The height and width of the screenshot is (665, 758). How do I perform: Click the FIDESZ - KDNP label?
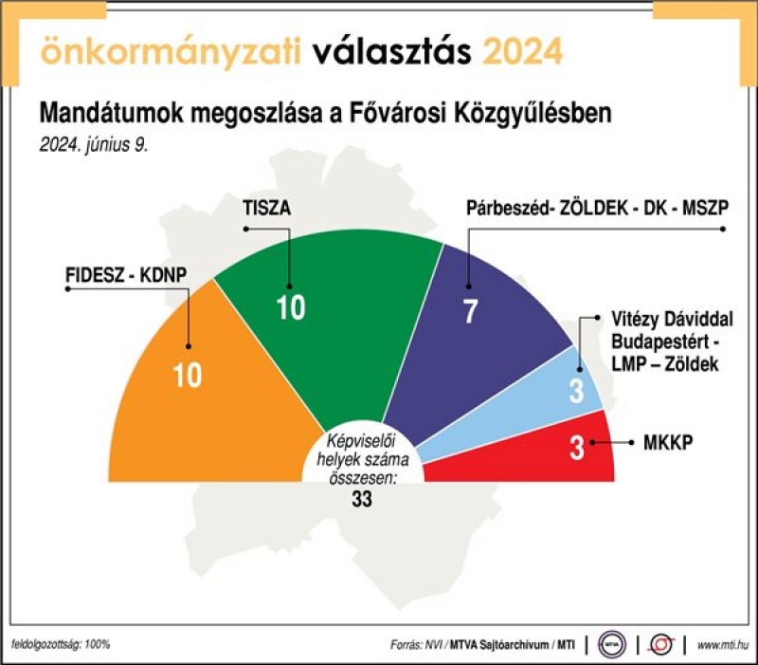pos(126,275)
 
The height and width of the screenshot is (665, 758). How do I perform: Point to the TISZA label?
pos(267,208)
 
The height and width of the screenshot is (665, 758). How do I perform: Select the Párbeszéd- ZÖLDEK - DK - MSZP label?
pos(597,208)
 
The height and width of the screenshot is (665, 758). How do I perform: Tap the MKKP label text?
pos(668,442)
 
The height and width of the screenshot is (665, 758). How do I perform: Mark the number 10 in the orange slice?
pos(188,375)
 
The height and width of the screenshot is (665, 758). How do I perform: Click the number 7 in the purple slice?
pos(471,311)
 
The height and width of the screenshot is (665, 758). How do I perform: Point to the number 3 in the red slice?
pos(577,448)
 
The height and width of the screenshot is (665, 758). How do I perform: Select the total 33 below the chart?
pos(362,498)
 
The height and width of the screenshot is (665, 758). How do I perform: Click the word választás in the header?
pos(391,51)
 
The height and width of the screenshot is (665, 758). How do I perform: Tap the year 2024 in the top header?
pos(523,51)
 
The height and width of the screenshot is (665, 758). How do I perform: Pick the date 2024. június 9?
pos(93,145)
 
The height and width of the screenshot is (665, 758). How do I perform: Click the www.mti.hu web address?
pos(723,645)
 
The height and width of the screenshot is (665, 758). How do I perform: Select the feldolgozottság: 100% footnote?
pos(61,644)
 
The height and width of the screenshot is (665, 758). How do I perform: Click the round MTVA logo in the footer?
pos(611,644)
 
